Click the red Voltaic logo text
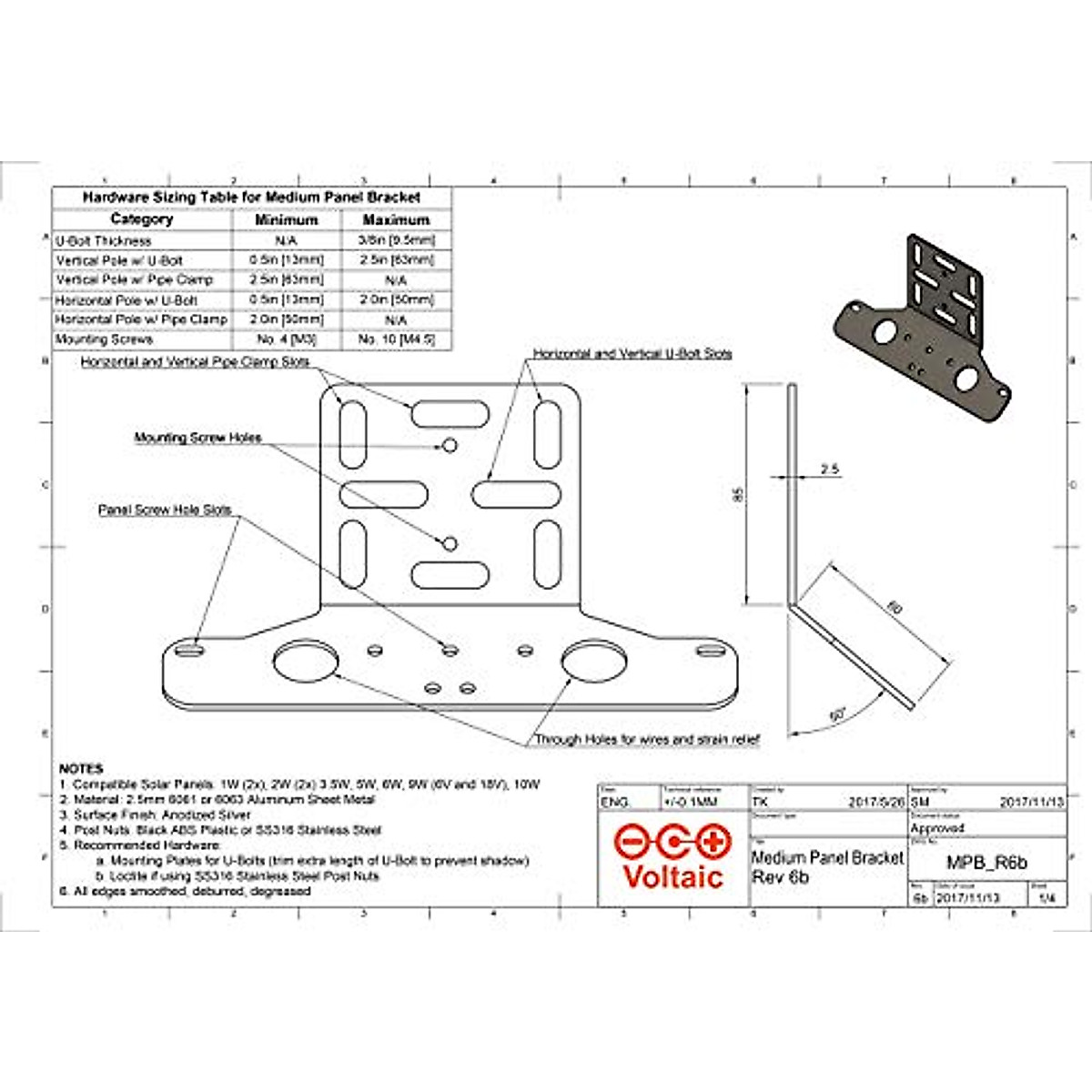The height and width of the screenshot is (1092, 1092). (672, 876)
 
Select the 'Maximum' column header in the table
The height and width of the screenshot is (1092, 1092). (395, 220)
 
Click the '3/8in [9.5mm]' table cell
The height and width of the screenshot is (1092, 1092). (396, 241)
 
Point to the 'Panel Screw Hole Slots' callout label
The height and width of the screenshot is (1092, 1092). (165, 511)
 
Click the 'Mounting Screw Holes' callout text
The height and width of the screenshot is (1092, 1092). (197, 438)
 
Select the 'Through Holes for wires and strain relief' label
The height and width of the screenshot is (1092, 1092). (646, 740)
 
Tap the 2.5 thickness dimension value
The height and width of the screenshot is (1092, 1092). (829, 470)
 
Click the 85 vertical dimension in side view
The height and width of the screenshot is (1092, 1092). (739, 495)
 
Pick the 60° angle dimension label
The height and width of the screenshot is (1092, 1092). (836, 715)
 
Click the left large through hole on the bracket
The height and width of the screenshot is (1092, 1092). (304, 662)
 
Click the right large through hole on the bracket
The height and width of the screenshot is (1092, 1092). (593, 662)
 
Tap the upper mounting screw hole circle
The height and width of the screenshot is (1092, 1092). (450, 445)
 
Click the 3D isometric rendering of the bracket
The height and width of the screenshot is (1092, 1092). (919, 328)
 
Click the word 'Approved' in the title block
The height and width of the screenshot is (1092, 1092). (937, 828)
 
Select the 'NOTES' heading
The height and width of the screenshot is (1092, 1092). (81, 769)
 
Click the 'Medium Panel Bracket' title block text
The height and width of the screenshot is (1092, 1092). (827, 857)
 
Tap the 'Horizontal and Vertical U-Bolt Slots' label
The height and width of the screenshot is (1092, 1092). (632, 353)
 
